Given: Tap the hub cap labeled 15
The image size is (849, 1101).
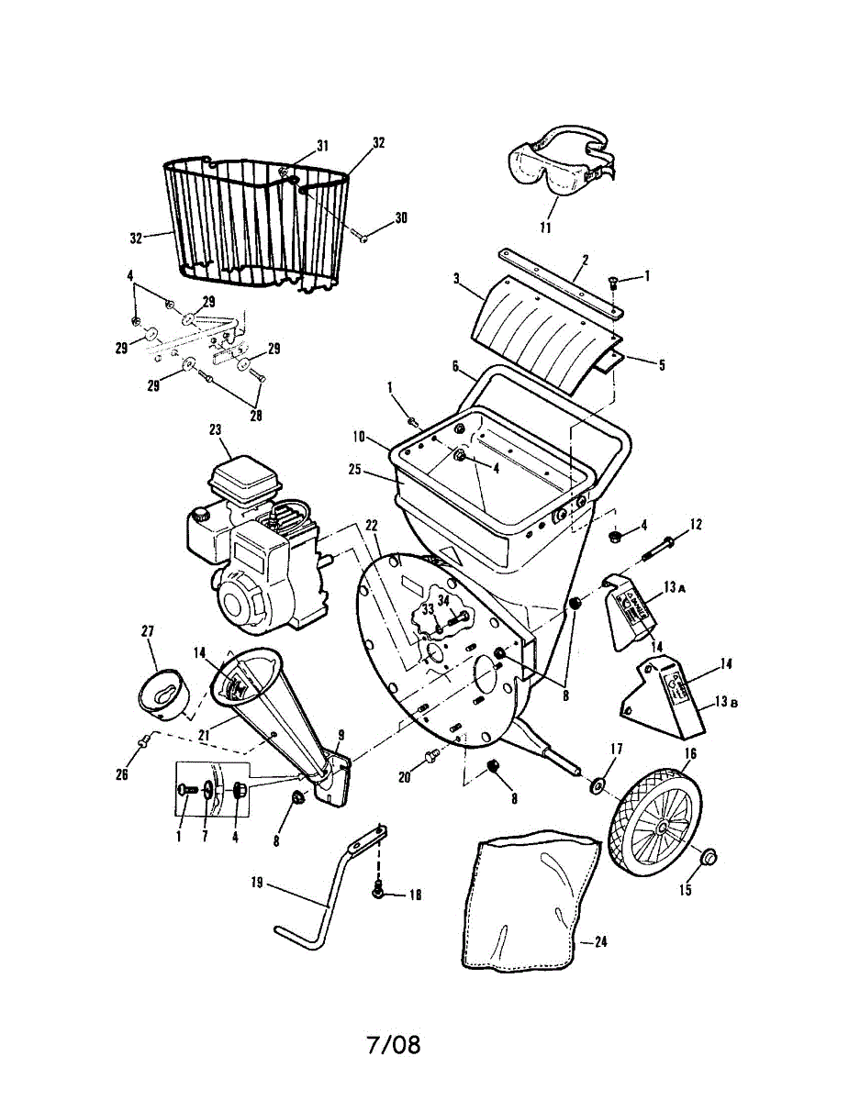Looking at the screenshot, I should [x=709, y=858].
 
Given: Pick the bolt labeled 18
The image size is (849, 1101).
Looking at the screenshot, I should [x=376, y=889].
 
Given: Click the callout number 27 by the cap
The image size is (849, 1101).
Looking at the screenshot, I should [x=148, y=631].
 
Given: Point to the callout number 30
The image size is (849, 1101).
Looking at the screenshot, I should [x=401, y=217].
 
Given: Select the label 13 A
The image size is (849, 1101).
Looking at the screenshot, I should [x=675, y=586].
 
